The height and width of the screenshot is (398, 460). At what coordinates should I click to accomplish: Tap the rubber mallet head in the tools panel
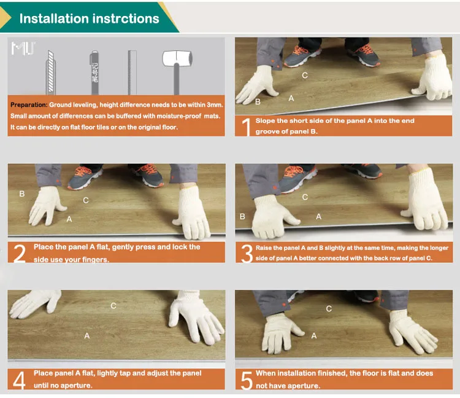177,58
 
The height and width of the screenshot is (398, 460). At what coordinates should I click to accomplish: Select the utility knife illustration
50,72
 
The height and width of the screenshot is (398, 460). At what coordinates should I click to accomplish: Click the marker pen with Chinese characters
94,72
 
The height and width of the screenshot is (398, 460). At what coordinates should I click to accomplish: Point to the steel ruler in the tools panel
132,72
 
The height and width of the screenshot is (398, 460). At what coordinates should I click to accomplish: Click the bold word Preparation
29,105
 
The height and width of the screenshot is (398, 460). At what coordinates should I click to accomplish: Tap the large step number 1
247,127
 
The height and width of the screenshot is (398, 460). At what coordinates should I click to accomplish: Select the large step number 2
20,253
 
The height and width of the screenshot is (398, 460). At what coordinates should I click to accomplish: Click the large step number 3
247,254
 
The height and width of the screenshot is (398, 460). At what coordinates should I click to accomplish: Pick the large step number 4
20,380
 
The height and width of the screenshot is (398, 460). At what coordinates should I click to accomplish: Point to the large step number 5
247,380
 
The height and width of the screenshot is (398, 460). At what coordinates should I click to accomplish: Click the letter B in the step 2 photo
21,194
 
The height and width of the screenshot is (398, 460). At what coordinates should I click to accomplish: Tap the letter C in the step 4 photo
113,306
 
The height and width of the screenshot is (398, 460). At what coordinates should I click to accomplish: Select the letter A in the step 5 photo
314,336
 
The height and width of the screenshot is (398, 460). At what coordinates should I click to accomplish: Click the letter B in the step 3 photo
242,216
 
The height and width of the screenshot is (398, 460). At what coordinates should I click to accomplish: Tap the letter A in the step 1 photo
291,98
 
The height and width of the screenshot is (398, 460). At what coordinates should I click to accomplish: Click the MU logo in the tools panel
23,48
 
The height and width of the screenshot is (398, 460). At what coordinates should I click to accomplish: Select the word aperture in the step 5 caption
303,386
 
